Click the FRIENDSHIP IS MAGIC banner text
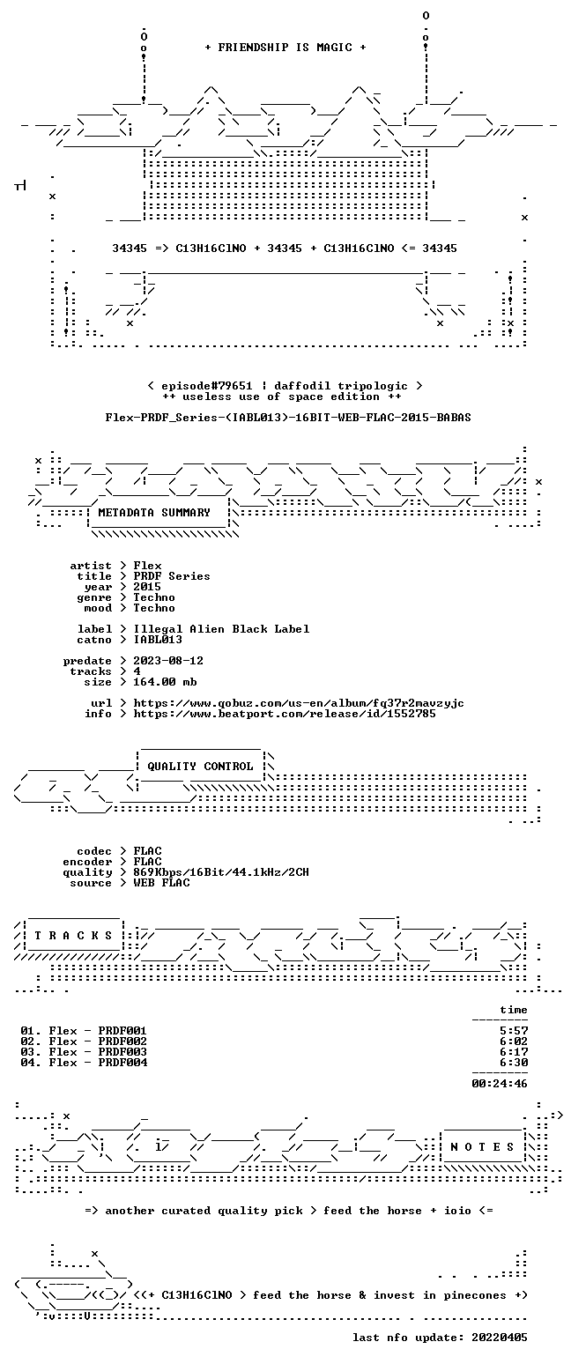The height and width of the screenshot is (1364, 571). [285, 48]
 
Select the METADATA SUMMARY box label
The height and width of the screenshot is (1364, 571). [154, 513]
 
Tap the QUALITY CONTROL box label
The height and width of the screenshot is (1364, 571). [200, 767]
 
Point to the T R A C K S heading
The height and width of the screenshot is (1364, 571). [74, 936]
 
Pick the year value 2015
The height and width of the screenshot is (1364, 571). [147, 587]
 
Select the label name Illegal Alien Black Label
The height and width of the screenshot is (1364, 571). [221, 629]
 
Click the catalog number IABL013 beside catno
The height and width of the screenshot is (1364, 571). [158, 640]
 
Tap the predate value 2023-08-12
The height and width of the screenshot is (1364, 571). [168, 661]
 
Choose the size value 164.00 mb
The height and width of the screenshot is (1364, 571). [165, 682]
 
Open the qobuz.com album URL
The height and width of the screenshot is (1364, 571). [299, 703]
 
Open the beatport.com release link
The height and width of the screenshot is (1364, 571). [285, 714]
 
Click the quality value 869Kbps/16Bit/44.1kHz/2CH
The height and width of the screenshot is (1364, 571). [221, 872]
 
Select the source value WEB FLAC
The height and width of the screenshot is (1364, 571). [161, 883]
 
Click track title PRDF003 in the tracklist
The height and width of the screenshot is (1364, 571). [122, 1052]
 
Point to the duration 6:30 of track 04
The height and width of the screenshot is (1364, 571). [514, 1063]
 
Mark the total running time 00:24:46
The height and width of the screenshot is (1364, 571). [500, 1084]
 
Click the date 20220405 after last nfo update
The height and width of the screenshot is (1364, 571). [500, 1338]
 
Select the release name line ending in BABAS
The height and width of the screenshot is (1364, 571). [288, 418]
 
